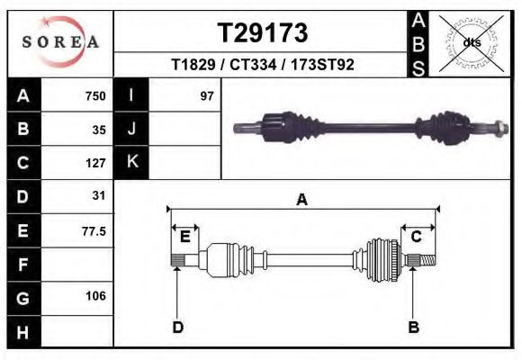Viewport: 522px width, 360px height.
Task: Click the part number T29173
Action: coord(264,33)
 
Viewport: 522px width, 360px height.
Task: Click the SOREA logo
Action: coord(59,42)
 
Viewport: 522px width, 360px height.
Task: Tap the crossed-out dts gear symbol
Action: coord(470,42)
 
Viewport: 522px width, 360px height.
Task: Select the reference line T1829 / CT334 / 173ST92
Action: coord(264,65)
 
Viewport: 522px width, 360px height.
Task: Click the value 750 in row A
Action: coord(94,96)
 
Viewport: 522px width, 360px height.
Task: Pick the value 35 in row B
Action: coord(99,130)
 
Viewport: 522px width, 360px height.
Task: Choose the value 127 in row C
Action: coord(94,163)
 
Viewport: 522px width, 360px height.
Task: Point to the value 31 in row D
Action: coord(99,195)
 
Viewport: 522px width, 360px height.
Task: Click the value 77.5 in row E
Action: coord(94,230)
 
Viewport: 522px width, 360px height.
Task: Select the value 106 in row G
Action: coord(94,296)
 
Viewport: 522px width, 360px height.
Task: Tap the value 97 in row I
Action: coord(206,96)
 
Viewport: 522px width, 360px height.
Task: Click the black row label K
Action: coord(131,162)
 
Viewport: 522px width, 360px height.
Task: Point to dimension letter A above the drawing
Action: coord(301,200)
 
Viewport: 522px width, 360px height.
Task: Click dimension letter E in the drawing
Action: coord(184,237)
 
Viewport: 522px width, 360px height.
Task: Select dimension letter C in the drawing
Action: coord(417,237)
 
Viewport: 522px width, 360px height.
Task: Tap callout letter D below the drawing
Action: coord(177,327)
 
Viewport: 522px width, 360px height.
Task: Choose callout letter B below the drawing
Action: coord(413,327)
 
